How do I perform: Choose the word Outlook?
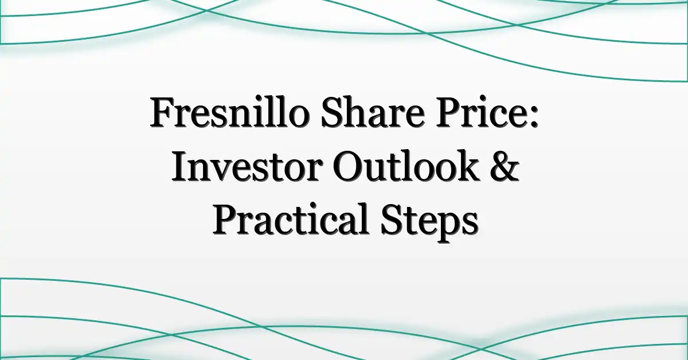tap(406, 166)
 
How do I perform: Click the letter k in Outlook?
tap(467, 166)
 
